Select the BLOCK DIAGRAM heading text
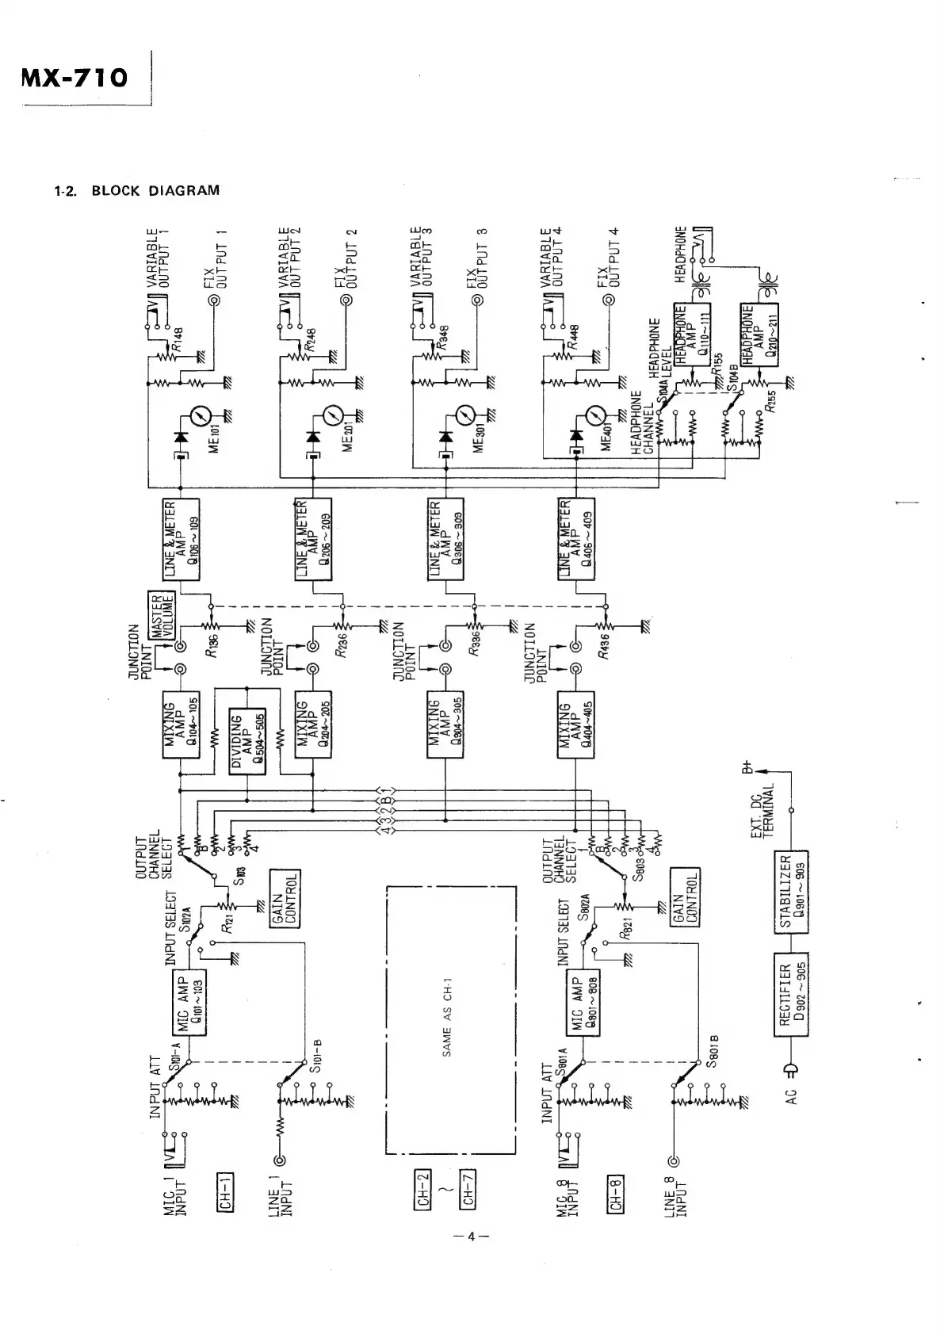pyautogui.click(x=155, y=191)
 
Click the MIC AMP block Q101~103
pyautogui.click(x=189, y=1002)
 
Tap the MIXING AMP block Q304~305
pyautogui.click(x=445, y=728)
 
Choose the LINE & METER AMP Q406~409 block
pyautogui.click(x=576, y=540)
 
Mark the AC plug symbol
pyautogui.click(x=790, y=1072)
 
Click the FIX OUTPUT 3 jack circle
pyautogui.click(x=477, y=300)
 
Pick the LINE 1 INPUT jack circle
pyautogui.click(x=279, y=1162)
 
